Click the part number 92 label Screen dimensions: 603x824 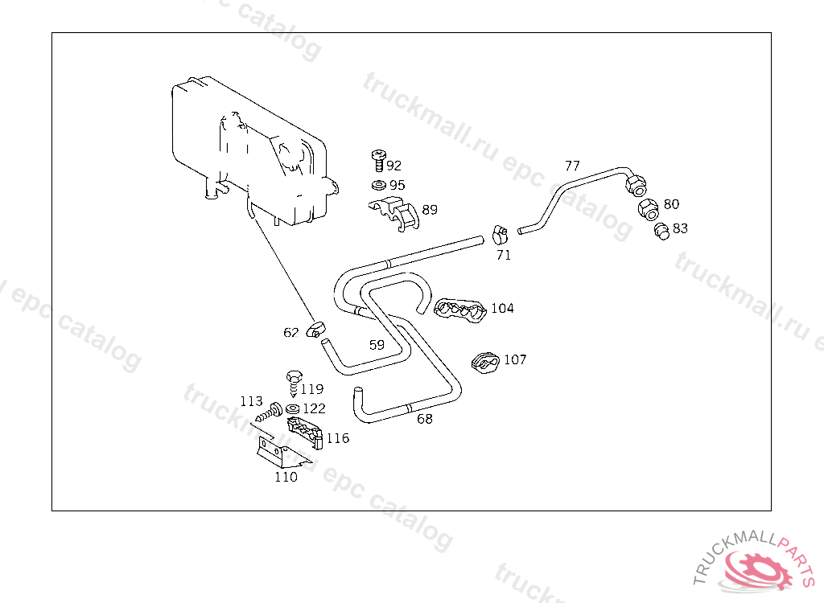click(x=393, y=166)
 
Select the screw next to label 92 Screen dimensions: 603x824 click(x=377, y=160)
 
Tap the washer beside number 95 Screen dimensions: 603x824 click(x=377, y=185)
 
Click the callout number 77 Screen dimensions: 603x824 click(x=572, y=166)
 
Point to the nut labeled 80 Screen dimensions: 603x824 click(x=648, y=210)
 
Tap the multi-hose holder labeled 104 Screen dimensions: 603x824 click(x=460, y=310)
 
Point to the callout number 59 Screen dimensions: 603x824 click(x=377, y=345)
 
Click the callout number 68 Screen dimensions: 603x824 click(x=424, y=418)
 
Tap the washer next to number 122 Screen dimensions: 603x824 click(x=293, y=408)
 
